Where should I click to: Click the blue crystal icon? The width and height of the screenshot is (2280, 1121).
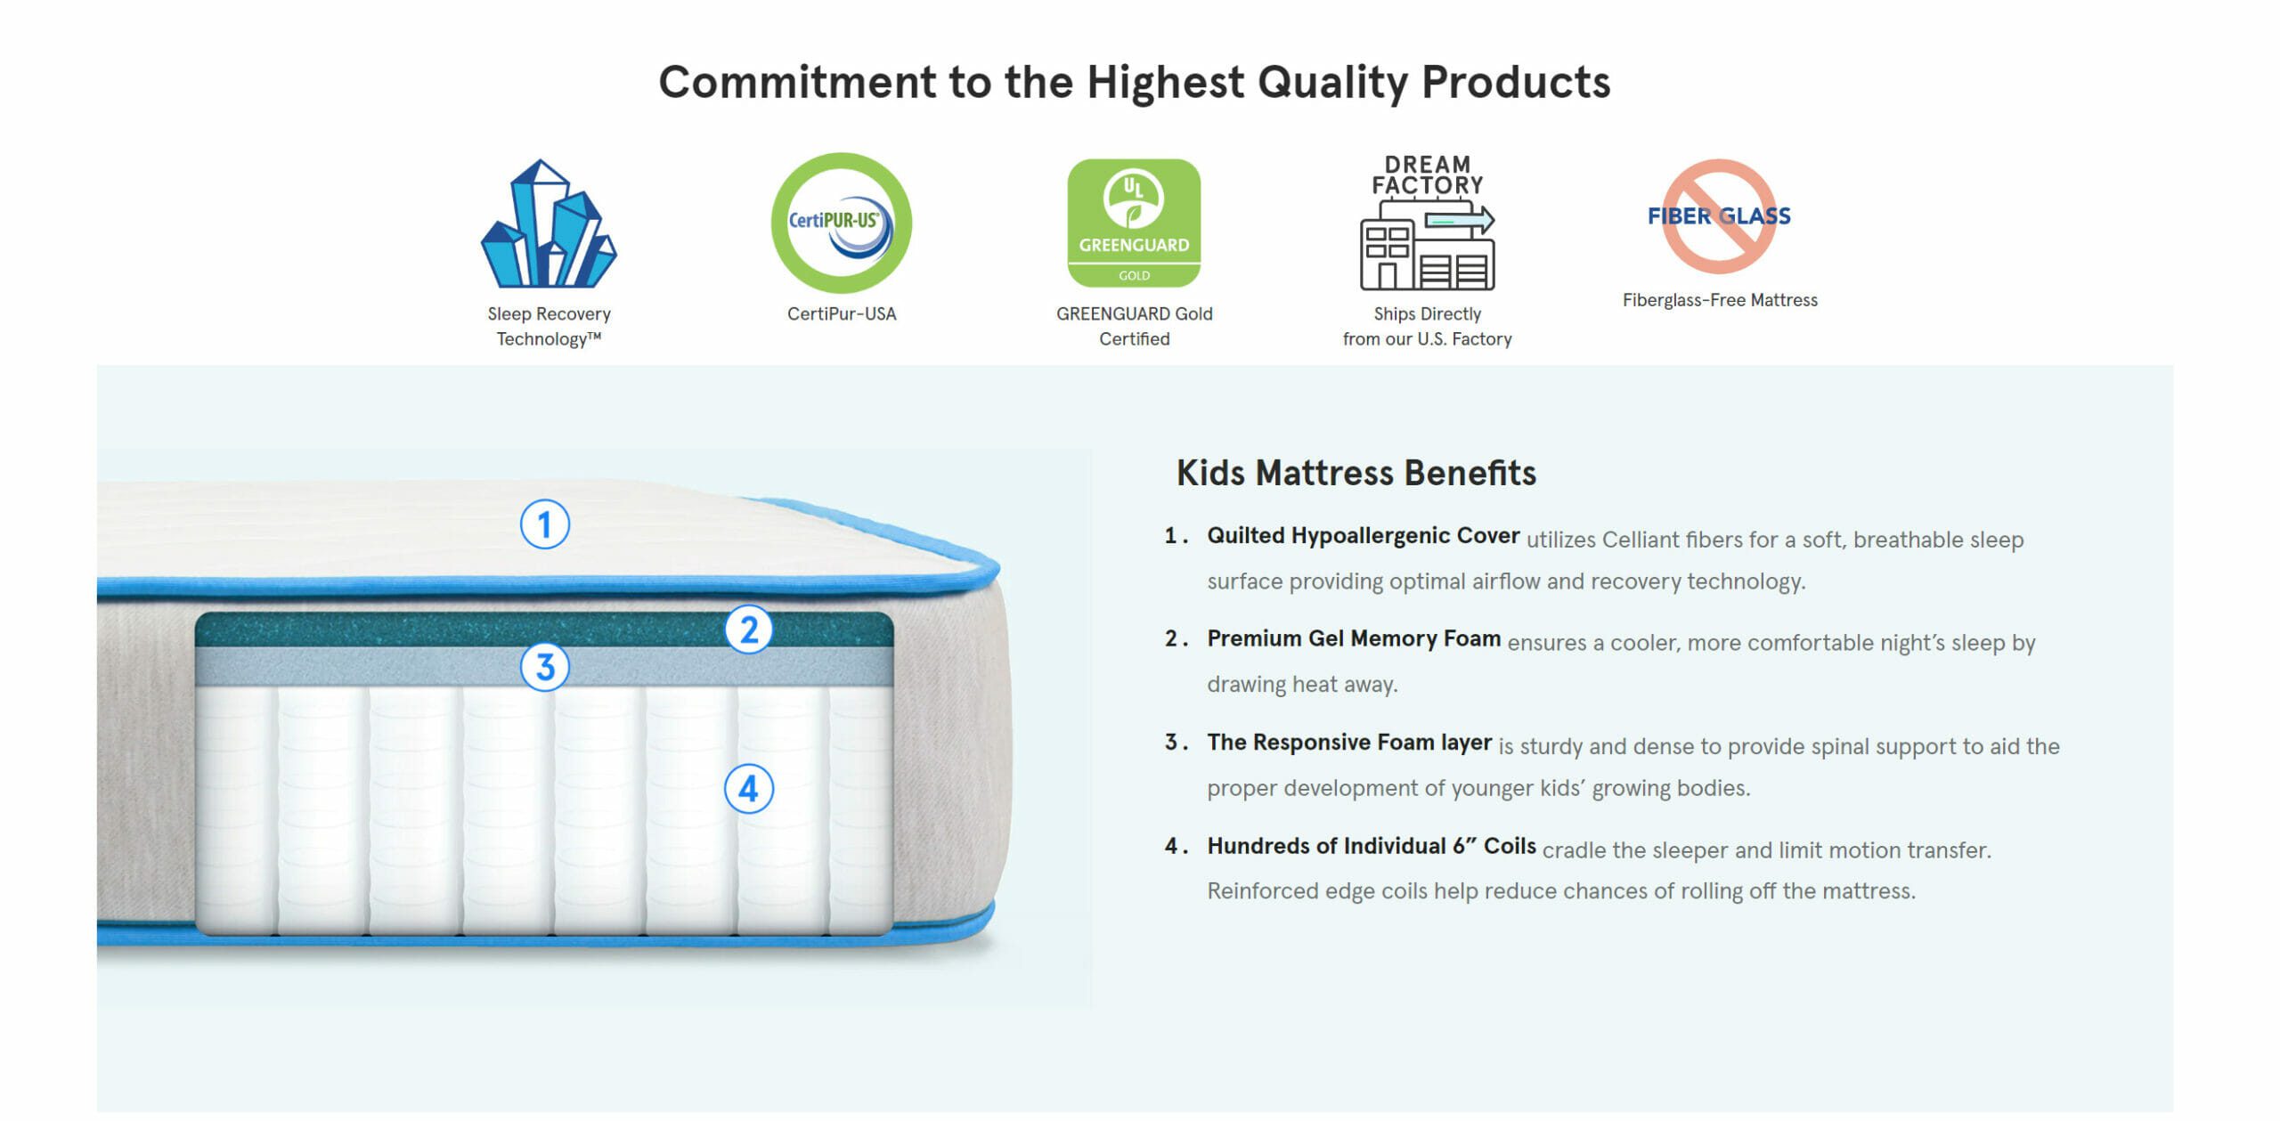pyautogui.click(x=549, y=223)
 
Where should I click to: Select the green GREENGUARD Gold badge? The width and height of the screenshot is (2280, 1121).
pyautogui.click(x=1134, y=223)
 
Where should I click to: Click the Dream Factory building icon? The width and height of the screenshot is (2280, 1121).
pyautogui.click(x=1428, y=223)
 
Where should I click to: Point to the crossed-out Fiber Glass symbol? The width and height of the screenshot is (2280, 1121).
pyautogui.click(x=1719, y=216)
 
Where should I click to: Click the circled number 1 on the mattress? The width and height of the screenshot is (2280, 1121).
pyautogui.click(x=545, y=524)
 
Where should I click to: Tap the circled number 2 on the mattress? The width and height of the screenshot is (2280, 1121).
pyautogui.click(x=749, y=630)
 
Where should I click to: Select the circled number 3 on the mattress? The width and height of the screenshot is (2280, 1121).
pyautogui.click(x=545, y=667)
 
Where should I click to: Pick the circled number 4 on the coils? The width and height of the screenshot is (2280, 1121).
pyautogui.click(x=749, y=789)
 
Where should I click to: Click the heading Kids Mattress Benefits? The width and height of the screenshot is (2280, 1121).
pyautogui.click(x=1356, y=473)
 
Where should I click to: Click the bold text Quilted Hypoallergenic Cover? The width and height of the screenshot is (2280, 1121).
pyautogui.click(x=1364, y=536)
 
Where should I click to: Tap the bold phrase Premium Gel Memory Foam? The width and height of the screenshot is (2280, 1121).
pyautogui.click(x=1354, y=639)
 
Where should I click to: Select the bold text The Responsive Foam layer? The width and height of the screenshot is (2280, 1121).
pyautogui.click(x=1349, y=743)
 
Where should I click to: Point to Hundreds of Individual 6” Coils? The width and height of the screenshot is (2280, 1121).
pyautogui.click(x=1372, y=846)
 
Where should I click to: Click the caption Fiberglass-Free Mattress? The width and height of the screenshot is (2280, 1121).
pyautogui.click(x=1720, y=300)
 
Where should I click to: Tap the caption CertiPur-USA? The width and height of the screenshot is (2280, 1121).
pyautogui.click(x=842, y=313)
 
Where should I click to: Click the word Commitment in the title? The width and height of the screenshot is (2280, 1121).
pyautogui.click(x=797, y=82)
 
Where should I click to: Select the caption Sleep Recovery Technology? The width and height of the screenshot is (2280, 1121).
pyautogui.click(x=549, y=326)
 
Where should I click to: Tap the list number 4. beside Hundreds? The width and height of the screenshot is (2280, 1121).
pyautogui.click(x=1176, y=846)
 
